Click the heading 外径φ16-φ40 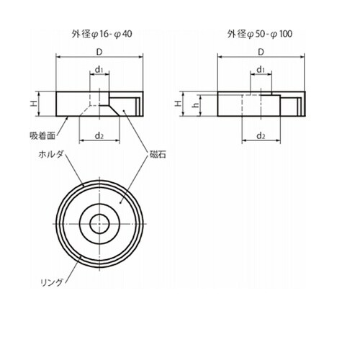[x=102, y=34]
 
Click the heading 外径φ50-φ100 [x=260, y=34]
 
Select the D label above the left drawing [x=99, y=52]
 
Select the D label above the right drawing [x=261, y=52]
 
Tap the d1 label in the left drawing [x=99, y=70]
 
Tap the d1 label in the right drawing [x=261, y=70]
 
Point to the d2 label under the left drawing [x=99, y=136]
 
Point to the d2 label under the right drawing [x=261, y=136]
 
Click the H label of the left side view [x=33, y=104]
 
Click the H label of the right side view [x=178, y=104]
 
